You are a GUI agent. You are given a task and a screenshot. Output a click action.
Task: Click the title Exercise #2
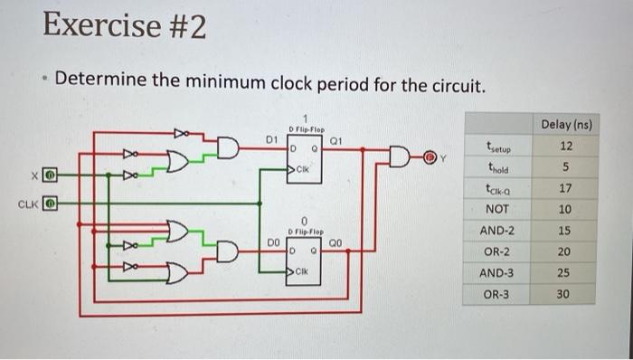click(124, 27)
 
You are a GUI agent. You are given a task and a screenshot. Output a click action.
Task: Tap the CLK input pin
click(52, 203)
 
